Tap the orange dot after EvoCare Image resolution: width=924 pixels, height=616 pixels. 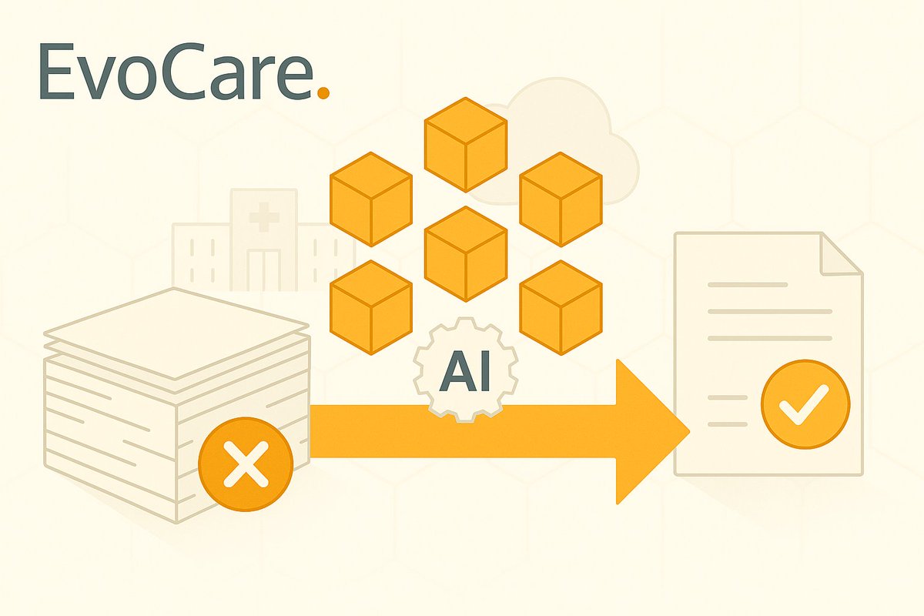pos(323,92)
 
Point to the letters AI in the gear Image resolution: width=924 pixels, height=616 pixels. pos(465,375)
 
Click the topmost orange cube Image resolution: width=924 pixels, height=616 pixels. pos(466,144)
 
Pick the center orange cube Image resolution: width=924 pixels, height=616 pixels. pos(466,253)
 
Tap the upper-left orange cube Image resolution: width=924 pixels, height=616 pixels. pos(370,198)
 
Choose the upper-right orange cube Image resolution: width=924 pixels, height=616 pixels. pos(561,198)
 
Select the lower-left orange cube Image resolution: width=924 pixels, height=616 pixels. pos(370,306)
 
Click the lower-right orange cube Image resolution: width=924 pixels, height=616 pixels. pos(561,306)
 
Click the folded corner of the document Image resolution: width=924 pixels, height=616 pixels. pos(839,254)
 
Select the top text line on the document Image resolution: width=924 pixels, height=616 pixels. pos(747,285)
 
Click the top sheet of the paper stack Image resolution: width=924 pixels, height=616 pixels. pos(177,331)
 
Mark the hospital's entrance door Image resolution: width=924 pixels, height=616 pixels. pos(263,269)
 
